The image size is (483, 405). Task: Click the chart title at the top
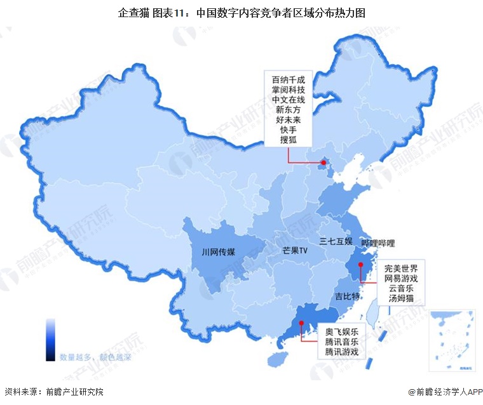241,12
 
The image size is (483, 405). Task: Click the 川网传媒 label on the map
218,252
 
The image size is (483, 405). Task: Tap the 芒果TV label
294,251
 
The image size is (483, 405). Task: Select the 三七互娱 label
336,241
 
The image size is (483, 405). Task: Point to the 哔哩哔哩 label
378,243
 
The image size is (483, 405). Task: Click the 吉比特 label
348,296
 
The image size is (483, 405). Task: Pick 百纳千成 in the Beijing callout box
288,79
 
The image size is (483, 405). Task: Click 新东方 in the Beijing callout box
288,110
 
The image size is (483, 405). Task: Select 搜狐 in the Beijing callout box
288,140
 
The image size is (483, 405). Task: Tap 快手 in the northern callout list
288,130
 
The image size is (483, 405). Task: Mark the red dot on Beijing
323,164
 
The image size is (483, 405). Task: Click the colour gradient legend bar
50,340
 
